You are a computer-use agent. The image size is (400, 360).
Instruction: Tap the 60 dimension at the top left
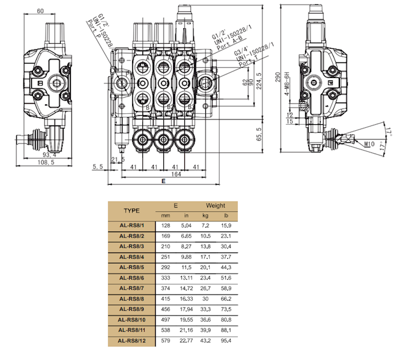point(40,11)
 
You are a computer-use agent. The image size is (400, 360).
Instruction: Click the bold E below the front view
point(163,181)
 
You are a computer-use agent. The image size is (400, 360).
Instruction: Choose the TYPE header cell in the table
point(132,211)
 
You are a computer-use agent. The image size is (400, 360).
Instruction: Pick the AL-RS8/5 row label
point(132,266)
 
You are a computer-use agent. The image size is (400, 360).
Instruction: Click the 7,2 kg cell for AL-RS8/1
point(205,226)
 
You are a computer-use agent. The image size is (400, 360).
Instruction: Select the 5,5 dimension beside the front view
point(98,166)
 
